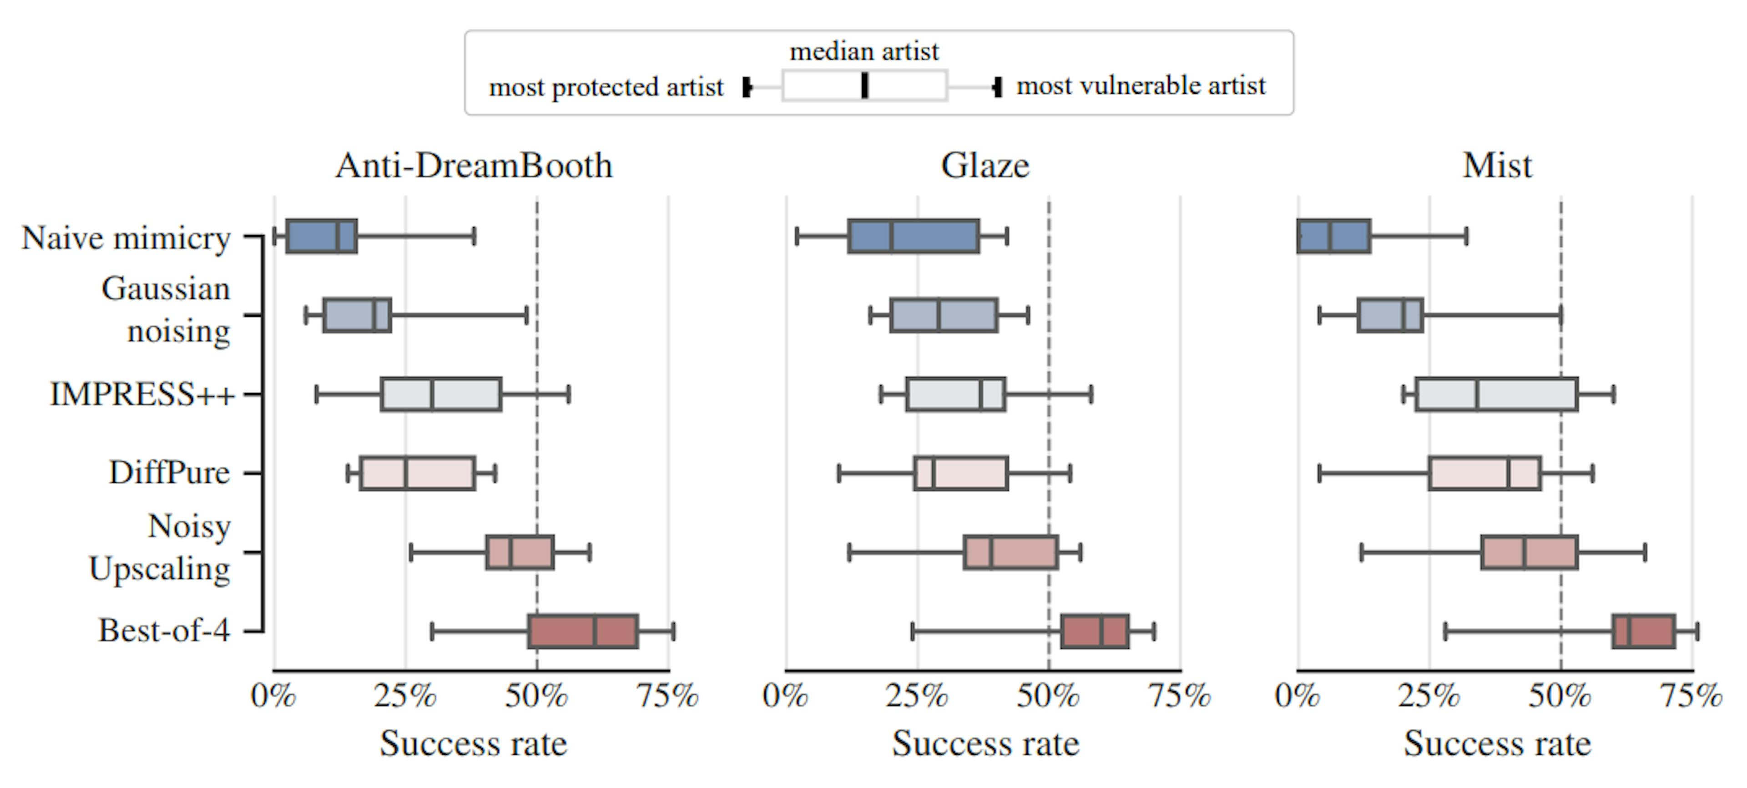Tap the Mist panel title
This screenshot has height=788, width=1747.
click(1497, 166)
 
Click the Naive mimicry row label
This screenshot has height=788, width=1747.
click(126, 238)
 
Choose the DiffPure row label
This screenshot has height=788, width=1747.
click(170, 473)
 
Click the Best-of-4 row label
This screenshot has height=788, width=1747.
click(164, 631)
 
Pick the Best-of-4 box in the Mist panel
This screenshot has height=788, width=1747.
click(1643, 631)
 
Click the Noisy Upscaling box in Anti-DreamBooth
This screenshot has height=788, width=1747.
click(520, 552)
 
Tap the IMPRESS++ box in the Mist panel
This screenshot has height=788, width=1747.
click(1496, 394)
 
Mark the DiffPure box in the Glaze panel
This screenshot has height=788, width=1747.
click(960, 473)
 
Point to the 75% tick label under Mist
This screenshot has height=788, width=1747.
click(1690, 696)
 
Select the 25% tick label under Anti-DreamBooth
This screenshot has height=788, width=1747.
click(405, 696)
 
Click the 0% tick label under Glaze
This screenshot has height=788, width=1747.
click(785, 696)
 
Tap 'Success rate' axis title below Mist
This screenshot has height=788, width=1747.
click(1497, 744)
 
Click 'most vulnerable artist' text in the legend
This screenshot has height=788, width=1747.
click(1141, 86)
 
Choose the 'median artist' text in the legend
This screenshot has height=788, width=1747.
click(864, 51)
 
